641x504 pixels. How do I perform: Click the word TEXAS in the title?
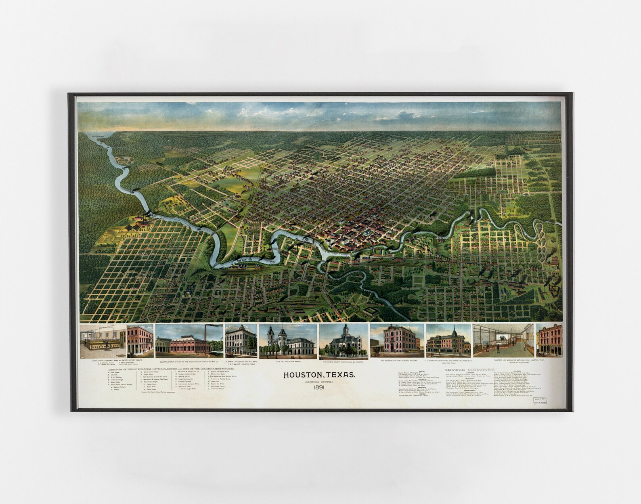[342, 375]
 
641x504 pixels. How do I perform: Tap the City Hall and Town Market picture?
[287, 342]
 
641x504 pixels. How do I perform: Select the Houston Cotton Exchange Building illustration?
[397, 341]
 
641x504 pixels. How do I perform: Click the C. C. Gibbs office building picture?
[448, 341]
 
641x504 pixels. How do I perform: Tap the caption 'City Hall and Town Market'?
[287, 362]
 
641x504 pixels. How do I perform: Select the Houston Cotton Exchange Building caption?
[397, 362]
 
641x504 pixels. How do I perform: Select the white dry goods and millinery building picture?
[241, 341]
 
